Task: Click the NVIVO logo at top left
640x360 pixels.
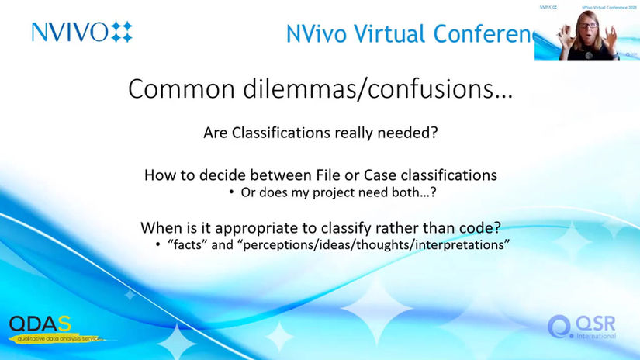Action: pyautogui.click(x=81, y=32)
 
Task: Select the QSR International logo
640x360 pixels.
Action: pyautogui.click(x=583, y=327)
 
